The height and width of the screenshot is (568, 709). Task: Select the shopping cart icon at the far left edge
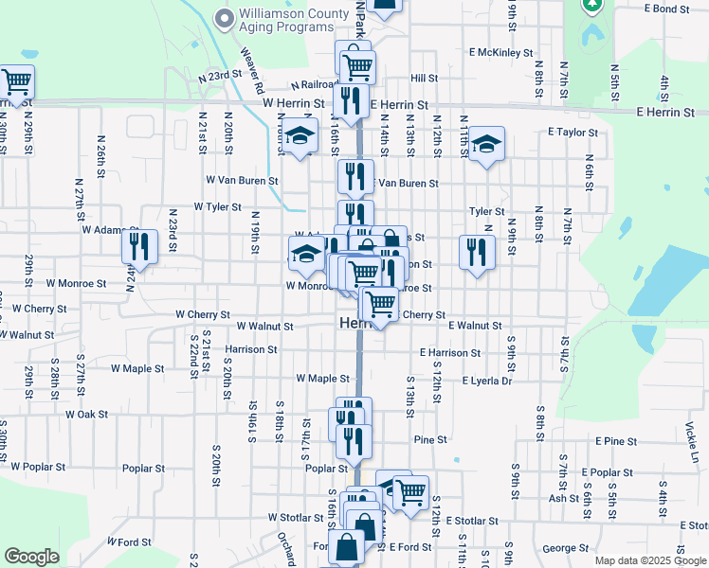pos(16,82)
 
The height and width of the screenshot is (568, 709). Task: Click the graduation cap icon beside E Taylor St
pos(486,144)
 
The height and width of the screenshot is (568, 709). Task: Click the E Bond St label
pos(665,9)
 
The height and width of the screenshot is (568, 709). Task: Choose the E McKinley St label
pos(500,53)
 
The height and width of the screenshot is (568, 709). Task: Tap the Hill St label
pos(424,79)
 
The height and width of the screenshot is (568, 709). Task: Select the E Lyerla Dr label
pos(486,381)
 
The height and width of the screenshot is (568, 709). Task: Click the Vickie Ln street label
pos(691,443)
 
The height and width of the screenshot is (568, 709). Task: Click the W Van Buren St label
pos(242,179)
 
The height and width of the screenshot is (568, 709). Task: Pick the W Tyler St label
pos(217,206)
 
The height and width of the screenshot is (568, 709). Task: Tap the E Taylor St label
pos(573,133)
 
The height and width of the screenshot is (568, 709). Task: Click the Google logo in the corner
pos(31,557)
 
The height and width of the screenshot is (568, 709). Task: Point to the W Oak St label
pos(86,415)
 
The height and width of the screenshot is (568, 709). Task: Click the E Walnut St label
pos(475,326)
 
